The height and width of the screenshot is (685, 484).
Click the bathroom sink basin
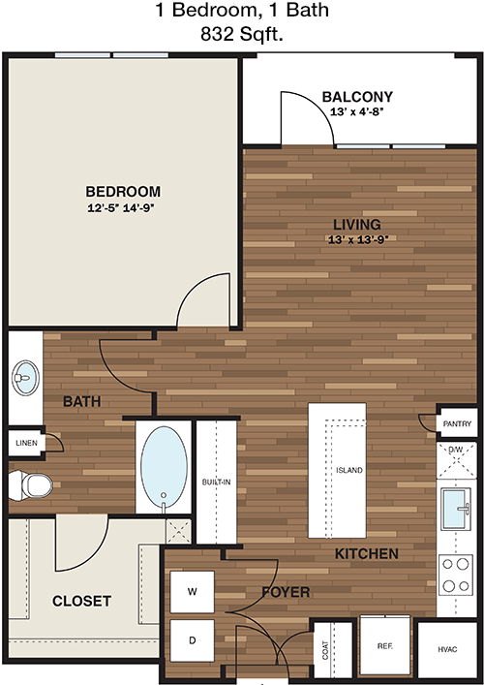coord(25,378)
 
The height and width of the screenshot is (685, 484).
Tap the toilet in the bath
coord(31,484)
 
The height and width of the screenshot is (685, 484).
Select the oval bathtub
coord(164,468)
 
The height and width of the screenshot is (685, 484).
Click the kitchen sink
coord(455,509)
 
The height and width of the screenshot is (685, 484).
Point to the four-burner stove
coord(455,575)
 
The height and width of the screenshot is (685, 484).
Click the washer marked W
coord(192,592)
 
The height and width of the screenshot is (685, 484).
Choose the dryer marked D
coord(192,640)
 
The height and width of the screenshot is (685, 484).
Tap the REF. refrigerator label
coord(384,645)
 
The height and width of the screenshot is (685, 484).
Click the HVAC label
coord(447,649)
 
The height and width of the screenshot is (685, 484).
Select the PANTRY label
coord(457,423)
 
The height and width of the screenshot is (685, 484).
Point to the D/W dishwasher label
coord(456,450)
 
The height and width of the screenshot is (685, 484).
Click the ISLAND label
coord(349,470)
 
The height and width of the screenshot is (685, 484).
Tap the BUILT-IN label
coord(217,483)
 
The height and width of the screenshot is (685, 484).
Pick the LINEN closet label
coord(27,443)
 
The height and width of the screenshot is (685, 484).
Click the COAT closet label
coord(325,649)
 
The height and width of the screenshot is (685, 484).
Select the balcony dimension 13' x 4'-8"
coord(356,111)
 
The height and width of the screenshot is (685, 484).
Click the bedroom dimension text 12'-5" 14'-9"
coord(122,208)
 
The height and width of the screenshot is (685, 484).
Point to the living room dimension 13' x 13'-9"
coord(358,239)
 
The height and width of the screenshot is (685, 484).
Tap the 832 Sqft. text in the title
coord(242,34)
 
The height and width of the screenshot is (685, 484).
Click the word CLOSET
coord(81,601)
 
